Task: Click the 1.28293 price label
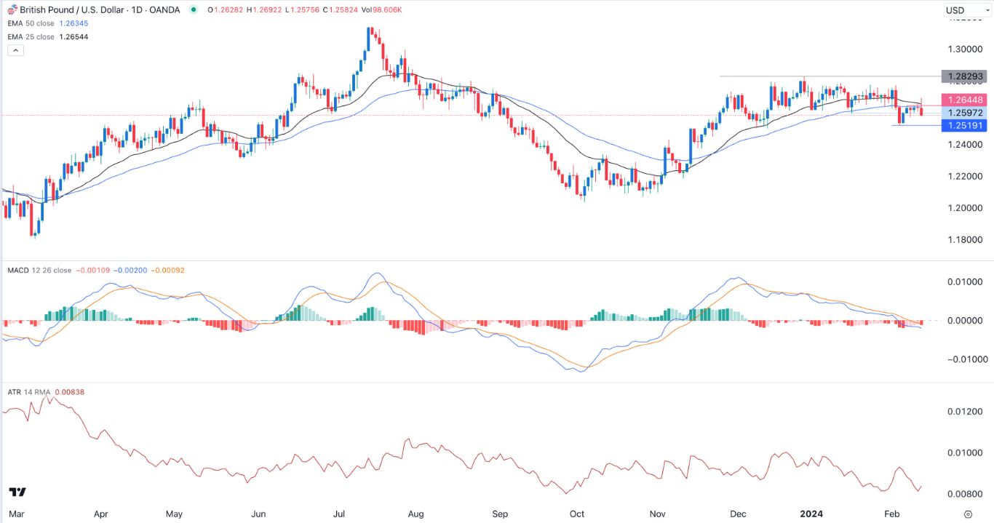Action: [963, 76]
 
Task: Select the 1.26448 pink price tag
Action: [963, 100]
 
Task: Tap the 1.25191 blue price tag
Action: [963, 126]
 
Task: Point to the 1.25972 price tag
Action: [963, 113]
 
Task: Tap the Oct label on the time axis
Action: [577, 514]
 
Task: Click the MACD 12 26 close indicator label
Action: [39, 271]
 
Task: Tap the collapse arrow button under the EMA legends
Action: [16, 50]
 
